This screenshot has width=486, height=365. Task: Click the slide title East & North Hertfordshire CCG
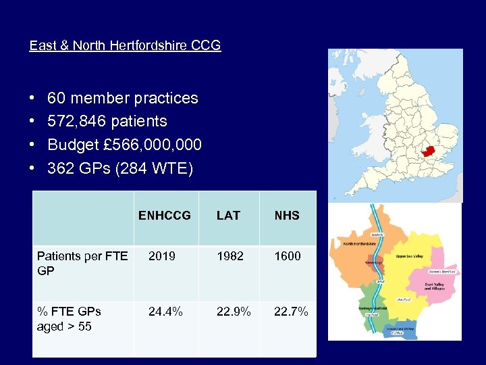coord(125,46)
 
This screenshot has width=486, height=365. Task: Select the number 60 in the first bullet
coord(57,98)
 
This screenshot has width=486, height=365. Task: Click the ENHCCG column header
coord(165,216)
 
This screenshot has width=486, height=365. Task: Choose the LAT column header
coord(228,216)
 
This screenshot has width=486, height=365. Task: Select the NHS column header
coord(287,216)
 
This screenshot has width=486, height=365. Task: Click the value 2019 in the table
coord(161,256)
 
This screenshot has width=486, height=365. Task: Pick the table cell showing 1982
coord(230,256)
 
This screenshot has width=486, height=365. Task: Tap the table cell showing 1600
coord(288,256)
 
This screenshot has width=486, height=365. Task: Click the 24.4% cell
coord(165,312)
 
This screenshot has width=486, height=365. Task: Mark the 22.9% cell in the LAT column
coord(234,312)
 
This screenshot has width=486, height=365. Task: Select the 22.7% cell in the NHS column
coord(291,312)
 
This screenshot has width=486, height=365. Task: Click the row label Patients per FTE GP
coord(82,263)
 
